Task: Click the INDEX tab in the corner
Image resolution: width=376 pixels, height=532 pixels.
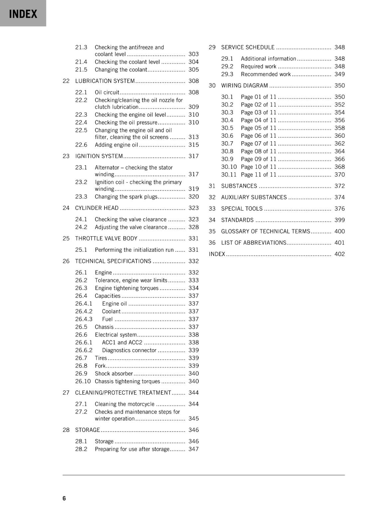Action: pos(23,14)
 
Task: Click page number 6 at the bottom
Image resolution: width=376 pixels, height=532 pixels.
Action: pos(64,498)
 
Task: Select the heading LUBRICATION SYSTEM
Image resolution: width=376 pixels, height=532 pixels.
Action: pos(105,81)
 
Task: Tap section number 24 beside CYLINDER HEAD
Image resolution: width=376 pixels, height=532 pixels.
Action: pos(66,208)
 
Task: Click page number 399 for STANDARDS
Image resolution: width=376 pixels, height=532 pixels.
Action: pos(339,220)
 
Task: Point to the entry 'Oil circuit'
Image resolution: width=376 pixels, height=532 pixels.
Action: pos(107,92)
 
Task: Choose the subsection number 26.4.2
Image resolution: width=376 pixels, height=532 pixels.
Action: pos(84,312)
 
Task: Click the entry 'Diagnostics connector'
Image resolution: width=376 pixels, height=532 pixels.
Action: pos(129,350)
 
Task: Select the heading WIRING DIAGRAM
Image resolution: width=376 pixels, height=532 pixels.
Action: pos(244,86)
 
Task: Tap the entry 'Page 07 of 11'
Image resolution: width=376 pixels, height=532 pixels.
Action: pos(259,144)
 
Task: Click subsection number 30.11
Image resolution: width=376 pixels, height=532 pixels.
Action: pos(229,175)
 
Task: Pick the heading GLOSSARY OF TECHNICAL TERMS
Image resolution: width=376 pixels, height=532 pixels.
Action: pos(266,231)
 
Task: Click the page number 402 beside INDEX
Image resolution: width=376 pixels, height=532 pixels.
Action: pos(339,254)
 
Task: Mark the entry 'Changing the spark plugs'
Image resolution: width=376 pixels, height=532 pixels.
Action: pos(126,197)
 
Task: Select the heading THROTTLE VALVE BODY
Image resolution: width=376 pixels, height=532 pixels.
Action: pos(106,239)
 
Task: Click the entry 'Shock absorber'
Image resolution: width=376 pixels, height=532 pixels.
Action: pos(113,374)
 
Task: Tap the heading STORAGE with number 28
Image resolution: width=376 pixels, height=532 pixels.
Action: pos(87,430)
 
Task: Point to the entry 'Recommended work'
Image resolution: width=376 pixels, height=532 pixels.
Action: pos(266,74)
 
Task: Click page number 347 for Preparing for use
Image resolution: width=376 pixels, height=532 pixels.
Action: pos(193,449)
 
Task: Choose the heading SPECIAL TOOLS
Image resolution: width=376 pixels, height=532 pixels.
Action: pos(242,209)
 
